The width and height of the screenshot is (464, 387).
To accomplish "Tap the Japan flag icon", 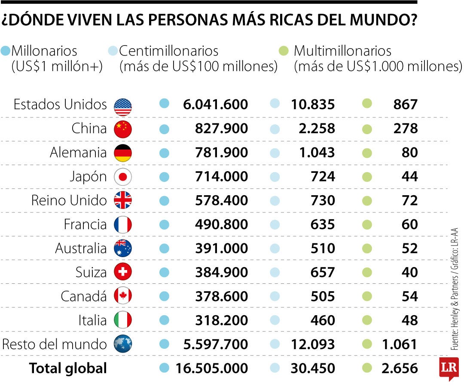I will [x=123, y=177].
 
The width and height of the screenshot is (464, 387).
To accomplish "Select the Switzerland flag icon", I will [x=123, y=272].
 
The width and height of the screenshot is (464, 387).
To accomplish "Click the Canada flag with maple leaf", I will [x=123, y=296].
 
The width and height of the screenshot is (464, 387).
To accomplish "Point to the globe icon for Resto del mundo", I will [x=123, y=344].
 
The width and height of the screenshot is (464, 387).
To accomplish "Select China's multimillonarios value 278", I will [x=406, y=129].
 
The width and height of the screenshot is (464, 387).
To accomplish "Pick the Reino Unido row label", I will [x=69, y=200].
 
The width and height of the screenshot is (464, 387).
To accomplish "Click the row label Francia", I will [x=85, y=224].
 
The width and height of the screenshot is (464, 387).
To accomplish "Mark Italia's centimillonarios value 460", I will [x=322, y=320].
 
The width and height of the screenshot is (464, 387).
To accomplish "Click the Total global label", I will [x=68, y=369].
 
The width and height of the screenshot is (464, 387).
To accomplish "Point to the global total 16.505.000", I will [x=211, y=369].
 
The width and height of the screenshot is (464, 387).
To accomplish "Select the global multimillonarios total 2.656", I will [x=399, y=369].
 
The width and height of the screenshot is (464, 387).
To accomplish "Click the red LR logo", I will [x=449, y=369].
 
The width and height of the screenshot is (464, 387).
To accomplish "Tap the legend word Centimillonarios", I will [x=168, y=51].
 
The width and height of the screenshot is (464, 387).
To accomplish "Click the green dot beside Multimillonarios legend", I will [x=283, y=51].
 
